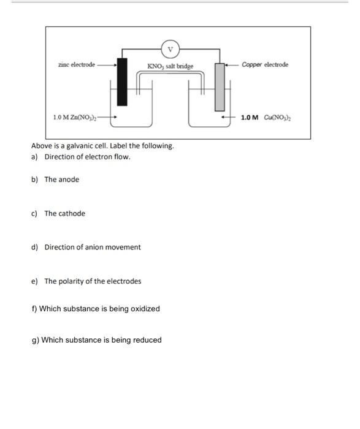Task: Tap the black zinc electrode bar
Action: point(123,81)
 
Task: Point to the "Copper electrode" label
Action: point(265,64)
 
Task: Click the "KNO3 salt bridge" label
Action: point(170,66)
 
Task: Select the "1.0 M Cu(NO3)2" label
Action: point(265,117)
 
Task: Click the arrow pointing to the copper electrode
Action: point(232,64)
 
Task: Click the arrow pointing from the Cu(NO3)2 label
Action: point(229,117)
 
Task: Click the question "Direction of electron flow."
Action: point(87,157)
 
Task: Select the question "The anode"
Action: point(61,180)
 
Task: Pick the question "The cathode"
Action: point(64,213)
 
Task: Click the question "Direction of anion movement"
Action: point(92,247)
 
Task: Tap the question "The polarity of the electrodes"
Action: point(92,281)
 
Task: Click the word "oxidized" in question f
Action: point(145,309)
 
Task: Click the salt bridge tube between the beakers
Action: point(170,74)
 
